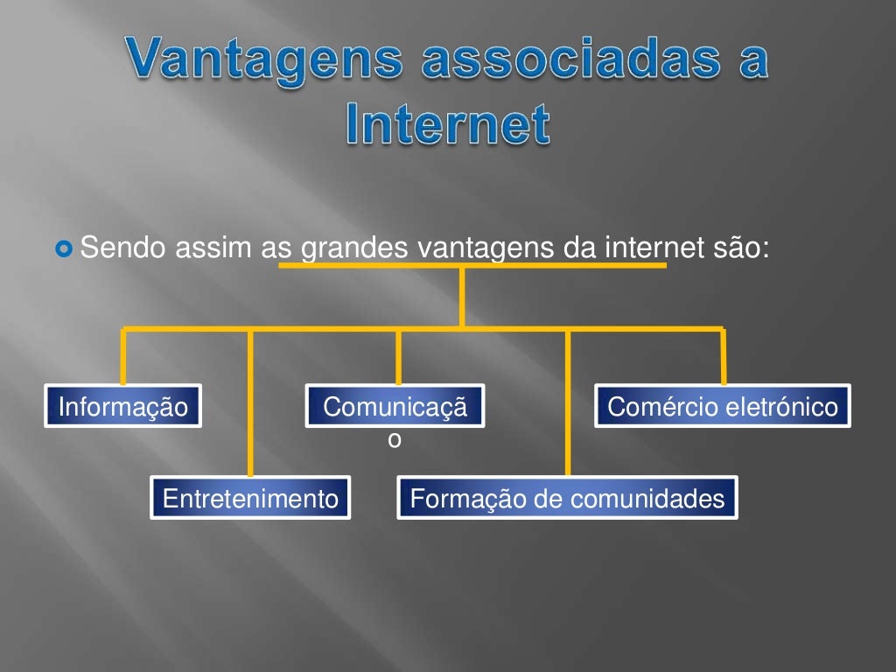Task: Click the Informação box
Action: [123, 406]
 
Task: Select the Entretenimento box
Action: [250, 498]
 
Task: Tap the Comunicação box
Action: [395, 406]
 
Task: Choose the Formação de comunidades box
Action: [567, 498]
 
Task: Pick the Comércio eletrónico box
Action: [723, 406]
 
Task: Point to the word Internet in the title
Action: [447, 124]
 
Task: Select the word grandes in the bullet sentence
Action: [354, 249]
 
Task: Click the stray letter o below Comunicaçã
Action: [395, 440]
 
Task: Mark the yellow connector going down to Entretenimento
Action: [251, 402]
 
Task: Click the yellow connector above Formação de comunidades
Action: [568, 402]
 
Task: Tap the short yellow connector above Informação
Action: [123, 357]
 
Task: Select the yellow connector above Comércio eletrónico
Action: [724, 357]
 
